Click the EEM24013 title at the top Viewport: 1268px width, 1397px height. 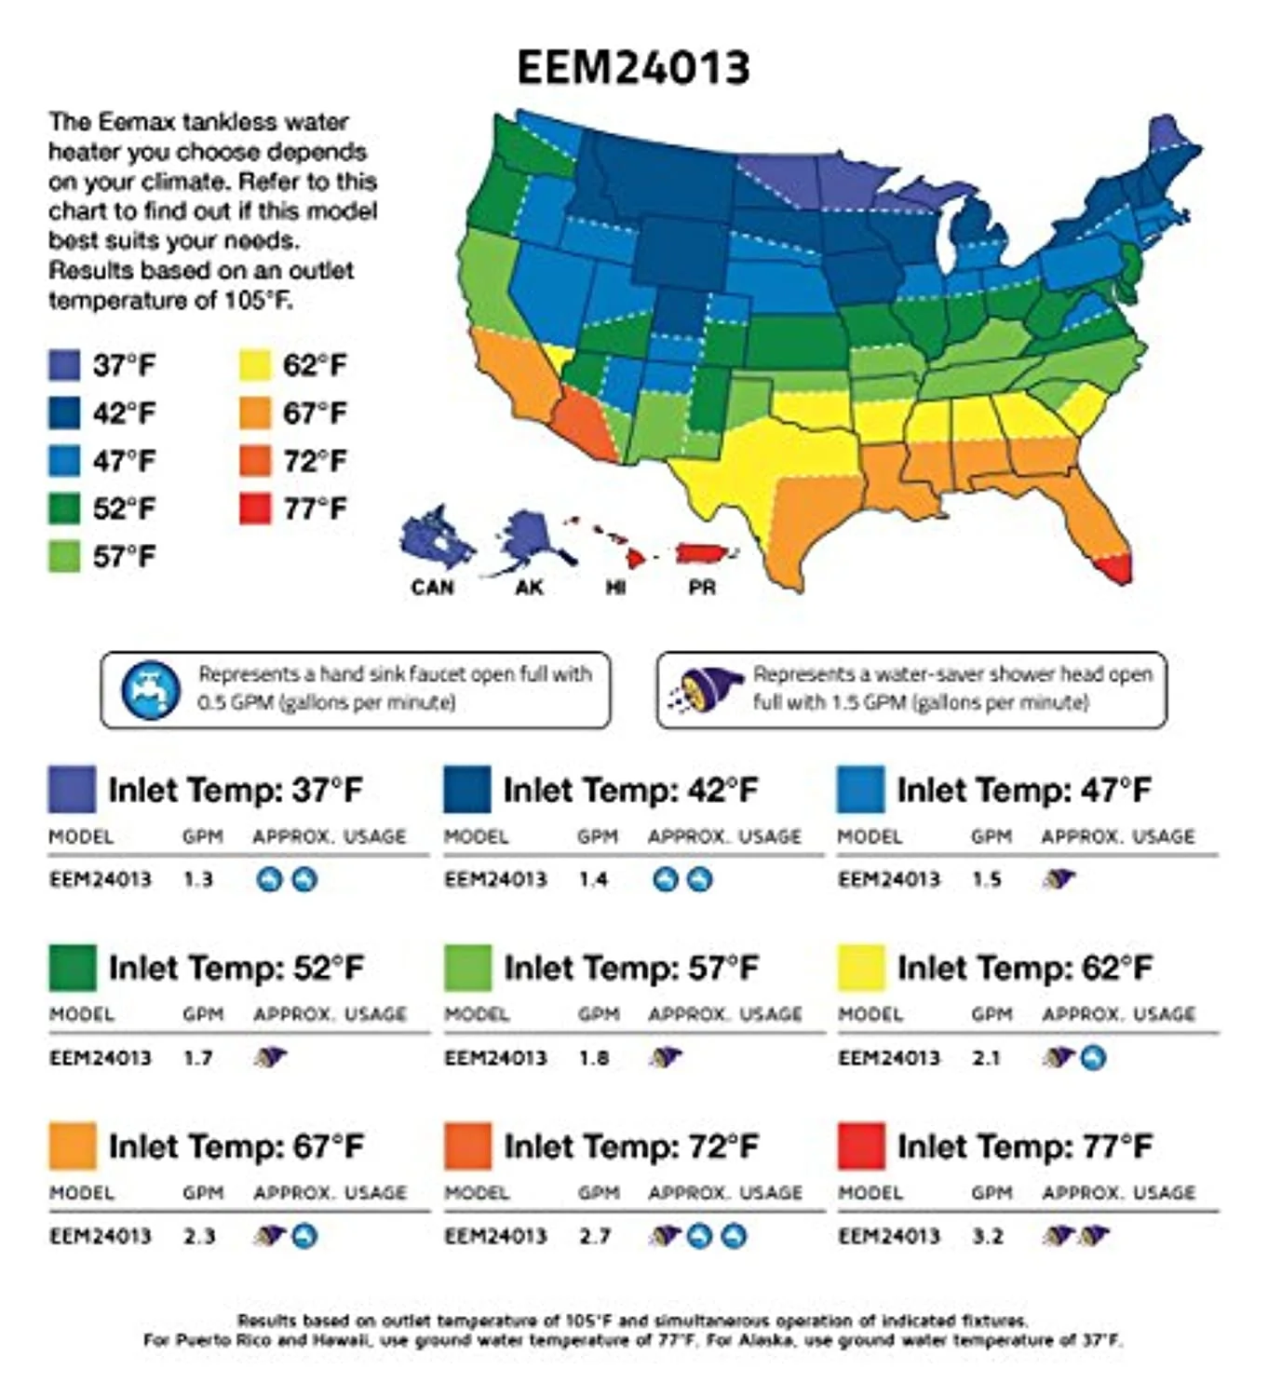(x=633, y=68)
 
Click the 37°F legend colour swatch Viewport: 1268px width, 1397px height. (x=64, y=365)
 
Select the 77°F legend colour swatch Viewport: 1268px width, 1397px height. (x=255, y=509)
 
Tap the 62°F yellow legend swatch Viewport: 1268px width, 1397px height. (x=255, y=365)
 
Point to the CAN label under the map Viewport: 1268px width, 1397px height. (x=433, y=588)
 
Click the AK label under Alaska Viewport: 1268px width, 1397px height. (x=529, y=588)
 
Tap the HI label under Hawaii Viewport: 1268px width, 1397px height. (x=615, y=588)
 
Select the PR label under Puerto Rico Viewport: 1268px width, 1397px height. (x=702, y=588)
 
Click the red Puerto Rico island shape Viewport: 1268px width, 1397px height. (x=705, y=554)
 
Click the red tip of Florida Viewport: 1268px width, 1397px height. (x=1115, y=568)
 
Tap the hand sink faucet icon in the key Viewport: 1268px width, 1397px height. (x=151, y=690)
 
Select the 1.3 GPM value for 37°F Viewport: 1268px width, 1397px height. (x=197, y=879)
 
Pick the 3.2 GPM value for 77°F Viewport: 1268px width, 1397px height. (x=988, y=1237)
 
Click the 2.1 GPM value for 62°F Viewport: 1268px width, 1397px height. (x=986, y=1058)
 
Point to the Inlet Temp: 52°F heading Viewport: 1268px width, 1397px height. (x=236, y=969)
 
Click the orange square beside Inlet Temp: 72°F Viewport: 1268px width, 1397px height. (x=467, y=1146)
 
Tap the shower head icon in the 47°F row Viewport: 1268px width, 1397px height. (x=1059, y=878)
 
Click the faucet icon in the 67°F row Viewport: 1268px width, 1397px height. (x=304, y=1237)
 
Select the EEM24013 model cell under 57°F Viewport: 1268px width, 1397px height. (x=495, y=1058)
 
